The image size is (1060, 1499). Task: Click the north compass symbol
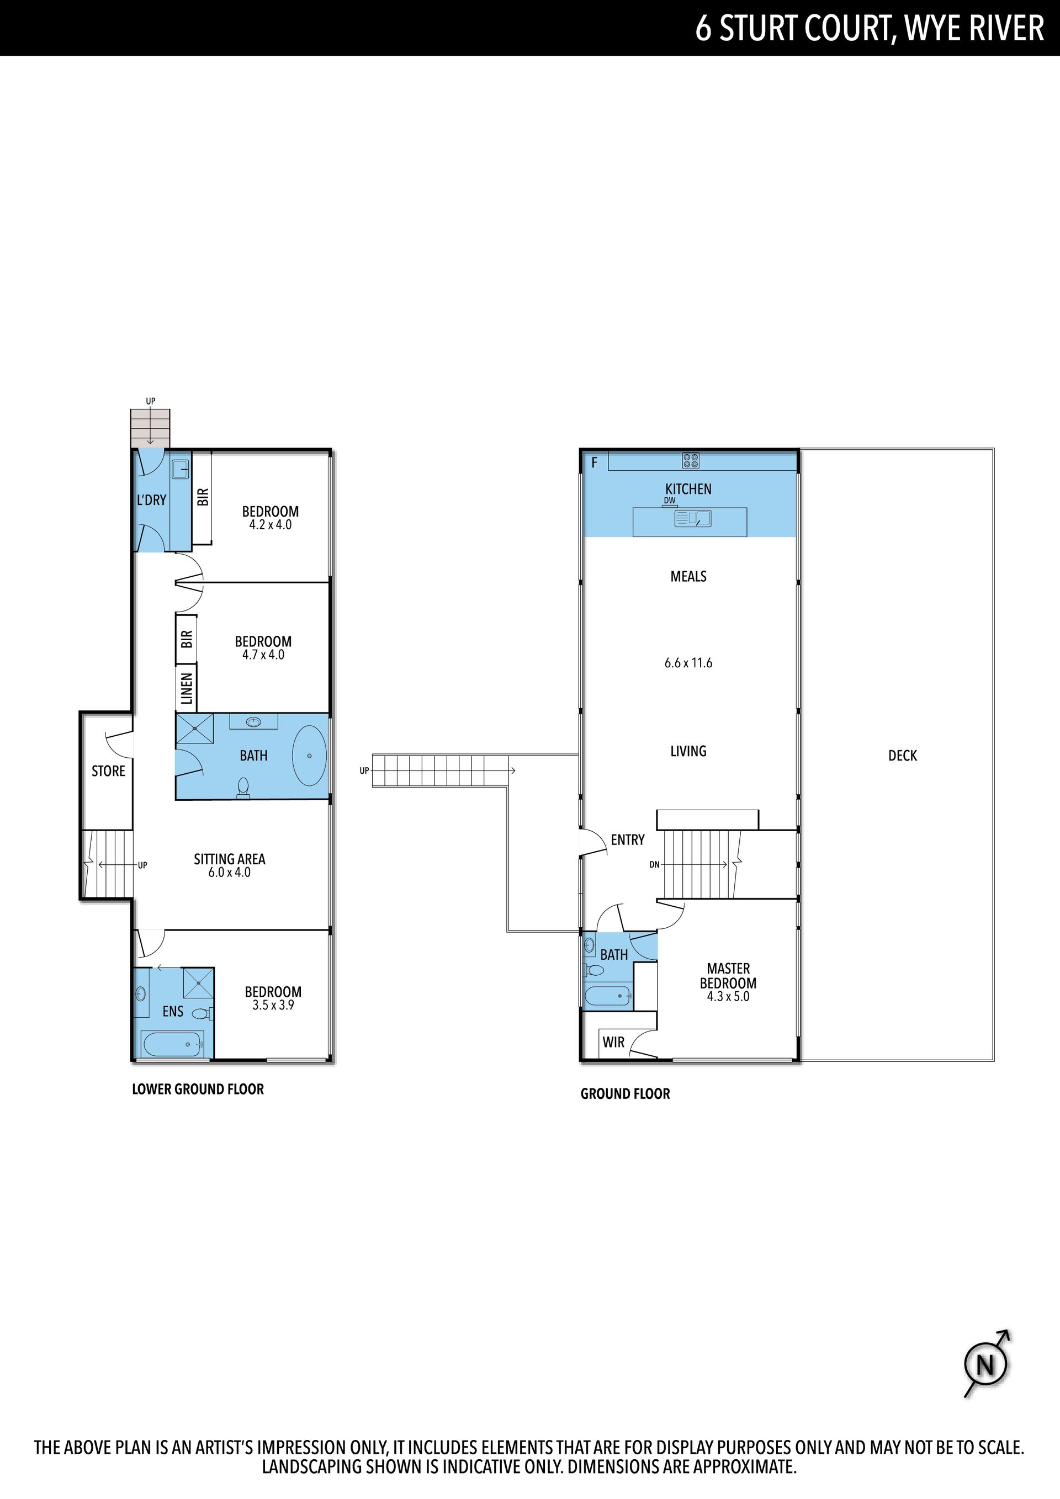986,1364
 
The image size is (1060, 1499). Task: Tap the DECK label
903,756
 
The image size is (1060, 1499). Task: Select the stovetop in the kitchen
691,461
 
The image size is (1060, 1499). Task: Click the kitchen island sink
693,518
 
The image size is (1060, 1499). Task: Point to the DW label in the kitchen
670,501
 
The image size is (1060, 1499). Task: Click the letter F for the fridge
595,463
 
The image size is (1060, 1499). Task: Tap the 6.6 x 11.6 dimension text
688,663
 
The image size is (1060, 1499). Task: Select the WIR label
613,1042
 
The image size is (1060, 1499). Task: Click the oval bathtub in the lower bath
310,756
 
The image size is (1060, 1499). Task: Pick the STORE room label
108,771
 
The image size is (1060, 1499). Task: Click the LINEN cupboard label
187,689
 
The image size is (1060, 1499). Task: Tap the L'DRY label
151,500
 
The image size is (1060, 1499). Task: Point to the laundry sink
181,469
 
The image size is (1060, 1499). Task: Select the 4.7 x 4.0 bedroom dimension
263,655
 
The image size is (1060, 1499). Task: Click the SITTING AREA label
229,859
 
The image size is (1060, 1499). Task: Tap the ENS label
173,1011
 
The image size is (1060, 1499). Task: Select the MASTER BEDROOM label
728,976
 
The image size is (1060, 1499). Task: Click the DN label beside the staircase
654,864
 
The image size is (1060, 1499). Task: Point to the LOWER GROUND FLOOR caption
198,1089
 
